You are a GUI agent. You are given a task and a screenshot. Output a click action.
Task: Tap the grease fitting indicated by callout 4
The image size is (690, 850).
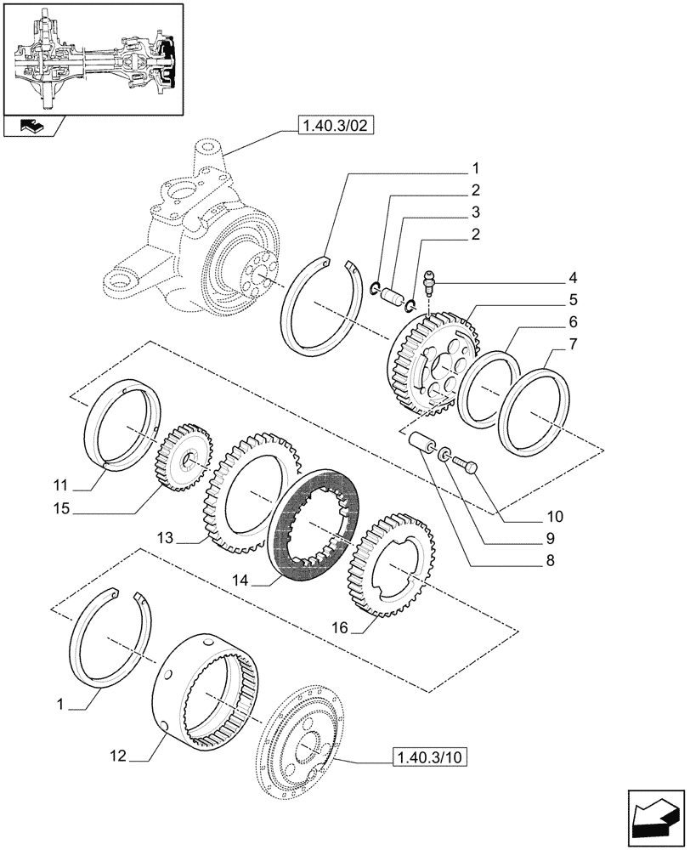(x=431, y=280)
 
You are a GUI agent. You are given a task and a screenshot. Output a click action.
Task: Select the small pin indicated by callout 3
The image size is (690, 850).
(x=391, y=297)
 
